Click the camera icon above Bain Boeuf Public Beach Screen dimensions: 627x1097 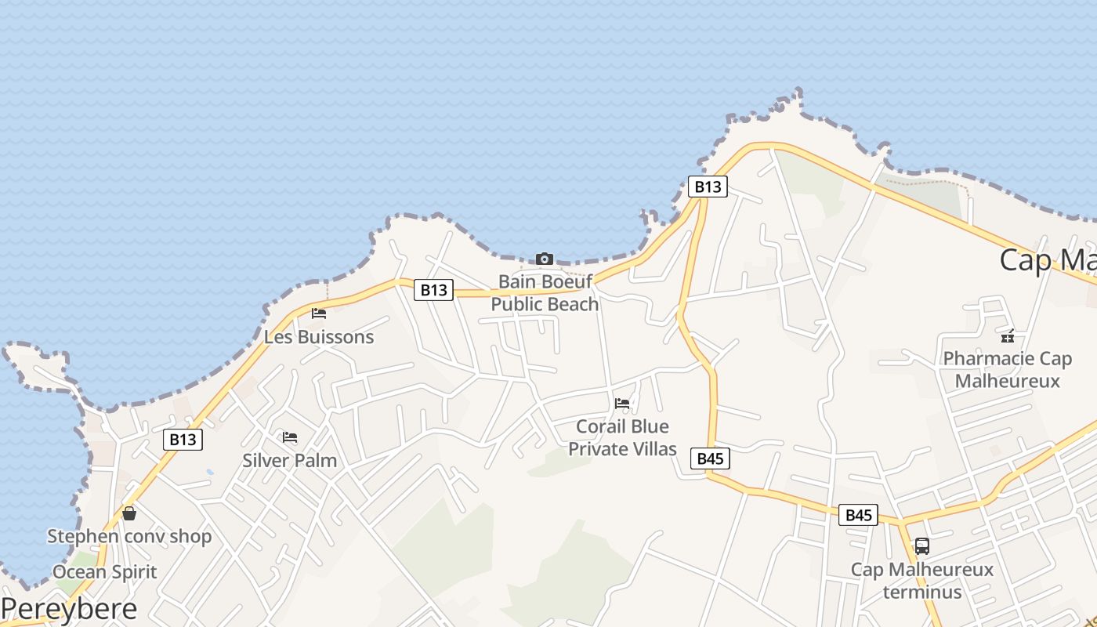545,259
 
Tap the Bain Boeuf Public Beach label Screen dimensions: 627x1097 545,292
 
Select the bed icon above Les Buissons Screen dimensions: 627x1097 319,313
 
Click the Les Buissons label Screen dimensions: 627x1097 319,337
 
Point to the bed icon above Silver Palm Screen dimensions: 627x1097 290,437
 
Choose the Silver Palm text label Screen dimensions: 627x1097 290,460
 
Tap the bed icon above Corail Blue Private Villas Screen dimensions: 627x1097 622,404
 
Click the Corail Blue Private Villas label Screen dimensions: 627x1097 622,437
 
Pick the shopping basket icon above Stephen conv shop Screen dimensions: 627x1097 129,513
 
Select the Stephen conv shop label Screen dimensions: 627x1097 129,537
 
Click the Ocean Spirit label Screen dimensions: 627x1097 105,572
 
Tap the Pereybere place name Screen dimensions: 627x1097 69,608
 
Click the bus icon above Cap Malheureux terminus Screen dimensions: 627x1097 922,546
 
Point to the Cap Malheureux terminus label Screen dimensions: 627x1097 922,580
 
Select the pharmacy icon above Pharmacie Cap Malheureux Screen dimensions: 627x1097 1008,336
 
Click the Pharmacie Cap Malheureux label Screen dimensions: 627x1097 1008,370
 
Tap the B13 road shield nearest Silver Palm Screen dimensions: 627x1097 183,440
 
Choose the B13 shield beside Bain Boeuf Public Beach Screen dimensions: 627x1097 433,290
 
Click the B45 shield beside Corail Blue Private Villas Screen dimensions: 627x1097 710,458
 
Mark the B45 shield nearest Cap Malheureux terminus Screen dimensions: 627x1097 858,515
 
